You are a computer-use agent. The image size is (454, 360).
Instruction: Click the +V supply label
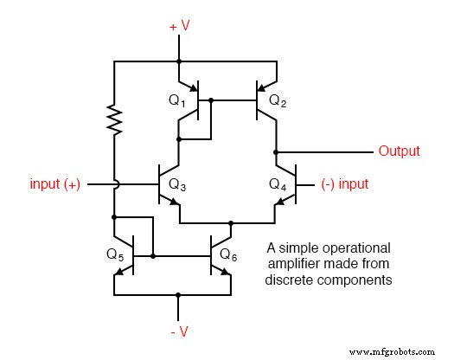point(179,27)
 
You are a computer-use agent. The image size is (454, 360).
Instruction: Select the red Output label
point(399,151)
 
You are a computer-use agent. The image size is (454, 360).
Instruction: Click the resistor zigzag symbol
point(113,119)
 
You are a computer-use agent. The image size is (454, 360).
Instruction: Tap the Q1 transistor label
point(177,101)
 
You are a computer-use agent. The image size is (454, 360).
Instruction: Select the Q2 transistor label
point(278,101)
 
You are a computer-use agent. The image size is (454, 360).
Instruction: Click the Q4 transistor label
point(278,184)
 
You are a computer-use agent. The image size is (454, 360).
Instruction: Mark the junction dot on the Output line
point(276,151)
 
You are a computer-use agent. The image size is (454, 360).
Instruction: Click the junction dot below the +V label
point(178,61)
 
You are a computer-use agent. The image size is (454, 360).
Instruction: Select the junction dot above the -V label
point(178,294)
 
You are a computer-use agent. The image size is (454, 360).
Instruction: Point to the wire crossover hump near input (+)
point(113,184)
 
